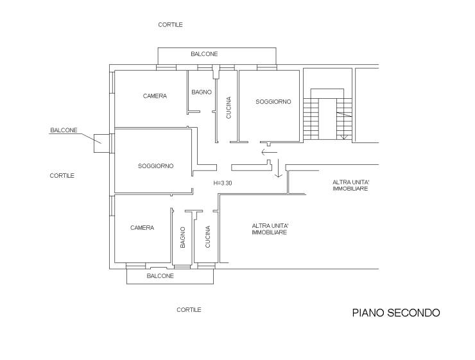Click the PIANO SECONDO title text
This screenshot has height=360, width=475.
[x=396, y=313]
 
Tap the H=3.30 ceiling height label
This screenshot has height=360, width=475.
[x=223, y=183]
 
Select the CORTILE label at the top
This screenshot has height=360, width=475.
[x=170, y=24]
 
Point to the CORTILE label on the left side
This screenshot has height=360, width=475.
[x=62, y=176]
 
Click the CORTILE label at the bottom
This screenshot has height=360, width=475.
[x=189, y=310]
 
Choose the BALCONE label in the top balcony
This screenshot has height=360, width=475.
[x=204, y=54]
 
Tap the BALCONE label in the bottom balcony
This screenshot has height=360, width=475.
[x=160, y=276]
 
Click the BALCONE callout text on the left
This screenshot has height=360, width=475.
[x=64, y=130]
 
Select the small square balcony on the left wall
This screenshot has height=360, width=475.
[x=101, y=143]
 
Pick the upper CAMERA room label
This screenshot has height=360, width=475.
[x=155, y=96]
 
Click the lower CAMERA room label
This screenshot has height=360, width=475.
[x=142, y=228]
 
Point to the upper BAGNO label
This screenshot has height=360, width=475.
[x=202, y=92]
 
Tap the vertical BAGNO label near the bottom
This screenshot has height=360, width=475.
[x=183, y=237]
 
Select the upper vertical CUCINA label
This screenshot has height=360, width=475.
[x=229, y=107]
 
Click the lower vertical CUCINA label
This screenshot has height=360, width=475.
[x=208, y=237]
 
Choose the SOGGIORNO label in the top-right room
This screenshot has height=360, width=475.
[x=273, y=102]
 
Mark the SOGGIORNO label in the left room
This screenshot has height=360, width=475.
[x=156, y=166]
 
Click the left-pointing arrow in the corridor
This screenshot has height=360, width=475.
[x=270, y=152]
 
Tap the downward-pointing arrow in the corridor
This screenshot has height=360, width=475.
[x=278, y=168]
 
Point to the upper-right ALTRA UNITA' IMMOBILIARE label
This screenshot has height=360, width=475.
[x=350, y=185]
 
